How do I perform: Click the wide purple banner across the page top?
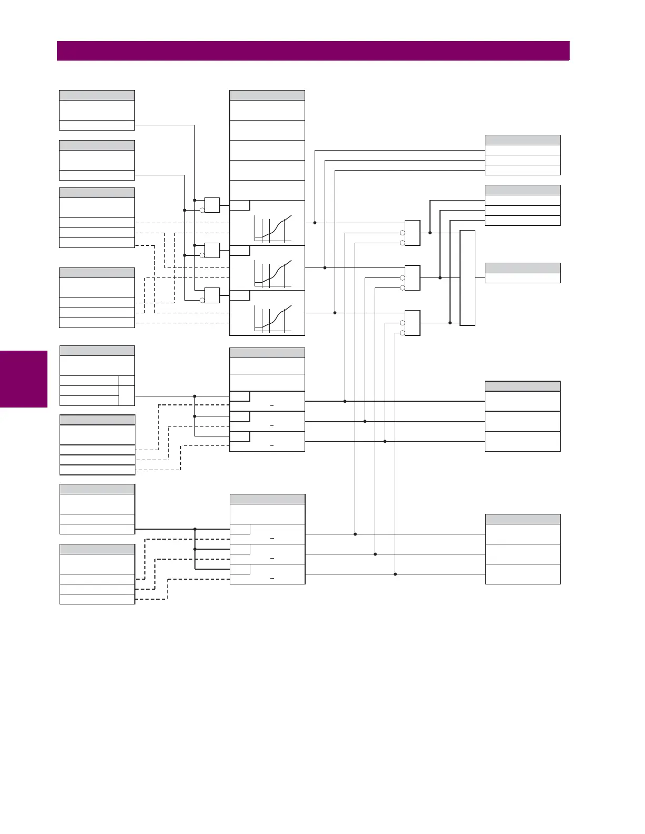[313, 51]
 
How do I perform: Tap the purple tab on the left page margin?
[24, 379]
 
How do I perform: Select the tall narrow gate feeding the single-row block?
[467, 278]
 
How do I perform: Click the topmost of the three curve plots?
[273, 228]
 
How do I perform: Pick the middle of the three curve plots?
[273, 273]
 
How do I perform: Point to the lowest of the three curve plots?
[273, 318]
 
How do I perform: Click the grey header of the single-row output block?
[522, 268]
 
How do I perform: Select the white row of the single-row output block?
[522, 278]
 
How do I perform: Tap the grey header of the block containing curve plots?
[267, 95]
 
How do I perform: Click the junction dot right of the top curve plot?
[315, 223]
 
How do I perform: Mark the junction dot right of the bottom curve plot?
[335, 313]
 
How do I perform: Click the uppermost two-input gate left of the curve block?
[212, 205]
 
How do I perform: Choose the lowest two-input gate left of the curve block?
[212, 295]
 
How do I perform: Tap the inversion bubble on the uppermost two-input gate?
[202, 211]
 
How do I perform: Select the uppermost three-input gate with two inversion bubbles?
[412, 233]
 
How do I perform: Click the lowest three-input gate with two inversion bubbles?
[412, 323]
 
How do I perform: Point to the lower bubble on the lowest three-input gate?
[402, 333]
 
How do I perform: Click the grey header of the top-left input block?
[97, 95]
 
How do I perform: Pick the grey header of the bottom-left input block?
[97, 549]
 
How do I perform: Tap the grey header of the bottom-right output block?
[523, 519]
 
